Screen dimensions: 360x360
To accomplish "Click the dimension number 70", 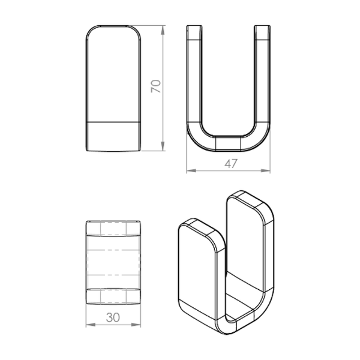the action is pos(156,86).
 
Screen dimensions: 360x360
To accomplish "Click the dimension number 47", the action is pos(231,164).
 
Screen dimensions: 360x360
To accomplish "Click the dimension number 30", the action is pos(113,317).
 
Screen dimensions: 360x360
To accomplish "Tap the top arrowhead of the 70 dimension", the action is pos(163,31).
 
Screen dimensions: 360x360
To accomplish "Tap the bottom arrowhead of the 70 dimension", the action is pos(163,146).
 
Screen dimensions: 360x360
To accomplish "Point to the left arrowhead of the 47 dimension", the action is pos(191,170).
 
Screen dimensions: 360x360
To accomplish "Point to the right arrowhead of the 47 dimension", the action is pos(265,170).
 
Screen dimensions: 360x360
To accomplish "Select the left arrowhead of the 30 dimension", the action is pos(91,325).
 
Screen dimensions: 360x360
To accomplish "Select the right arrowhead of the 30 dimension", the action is pos(136,325).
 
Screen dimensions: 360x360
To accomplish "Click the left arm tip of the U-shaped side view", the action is pos(194,26).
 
